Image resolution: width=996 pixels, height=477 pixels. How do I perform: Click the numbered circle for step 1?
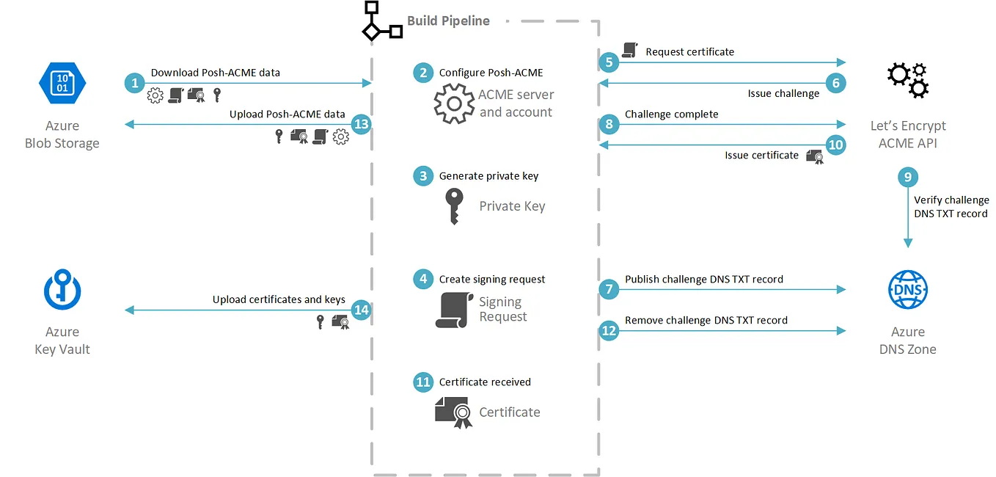(134, 83)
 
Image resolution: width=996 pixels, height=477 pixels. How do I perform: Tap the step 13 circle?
(361, 124)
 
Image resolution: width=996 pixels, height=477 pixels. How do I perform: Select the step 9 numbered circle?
(907, 177)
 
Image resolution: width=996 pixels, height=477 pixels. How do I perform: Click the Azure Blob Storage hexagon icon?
(62, 83)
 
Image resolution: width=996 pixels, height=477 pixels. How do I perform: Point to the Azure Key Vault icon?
(62, 289)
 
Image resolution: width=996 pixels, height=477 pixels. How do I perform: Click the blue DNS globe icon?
(907, 289)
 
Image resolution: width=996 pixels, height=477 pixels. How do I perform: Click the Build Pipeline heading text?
(448, 21)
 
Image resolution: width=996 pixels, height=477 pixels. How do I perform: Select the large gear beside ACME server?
(454, 103)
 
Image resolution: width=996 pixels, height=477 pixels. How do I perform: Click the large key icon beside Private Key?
(454, 206)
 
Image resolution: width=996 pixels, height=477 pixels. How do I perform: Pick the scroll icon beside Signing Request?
(454, 310)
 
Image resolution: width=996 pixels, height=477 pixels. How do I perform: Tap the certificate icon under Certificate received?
(454, 412)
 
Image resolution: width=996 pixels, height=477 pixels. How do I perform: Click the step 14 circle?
(361, 310)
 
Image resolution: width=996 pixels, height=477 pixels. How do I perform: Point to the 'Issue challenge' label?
(783, 93)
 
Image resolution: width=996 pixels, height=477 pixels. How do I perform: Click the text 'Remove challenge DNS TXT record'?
(706, 320)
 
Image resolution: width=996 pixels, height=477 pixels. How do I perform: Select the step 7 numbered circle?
(609, 289)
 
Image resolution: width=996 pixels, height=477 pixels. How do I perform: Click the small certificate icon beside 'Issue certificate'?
(815, 156)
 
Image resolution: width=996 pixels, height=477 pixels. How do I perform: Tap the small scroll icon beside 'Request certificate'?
(629, 50)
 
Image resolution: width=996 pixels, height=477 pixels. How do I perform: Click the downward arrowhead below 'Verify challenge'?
(908, 243)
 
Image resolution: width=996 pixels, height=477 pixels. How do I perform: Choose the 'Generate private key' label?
(488, 176)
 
